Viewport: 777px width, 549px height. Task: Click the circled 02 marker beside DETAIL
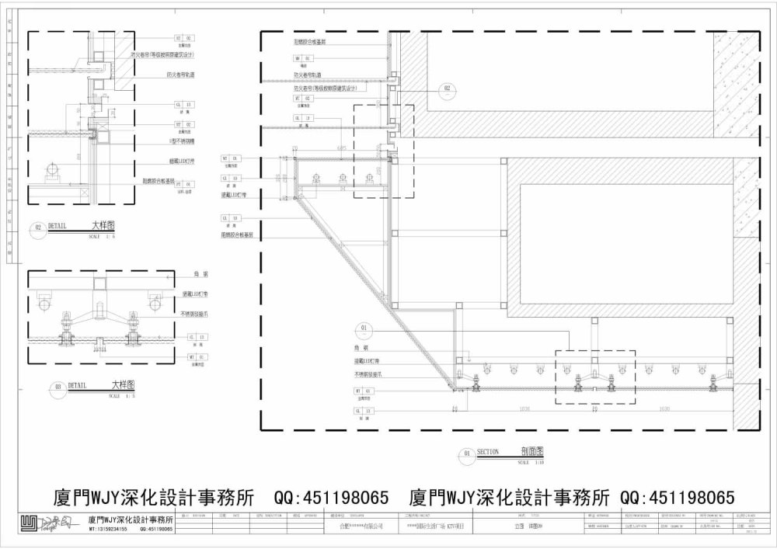pyautogui.click(x=38, y=228)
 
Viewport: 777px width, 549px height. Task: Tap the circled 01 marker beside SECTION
pyautogui.click(x=467, y=453)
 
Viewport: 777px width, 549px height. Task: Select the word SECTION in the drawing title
pyautogui.click(x=488, y=451)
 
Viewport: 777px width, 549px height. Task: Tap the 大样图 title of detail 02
pyautogui.click(x=103, y=225)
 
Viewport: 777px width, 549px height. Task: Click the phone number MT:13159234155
pyautogui.click(x=108, y=529)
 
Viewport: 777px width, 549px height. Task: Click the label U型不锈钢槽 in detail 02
pyautogui.click(x=181, y=141)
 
